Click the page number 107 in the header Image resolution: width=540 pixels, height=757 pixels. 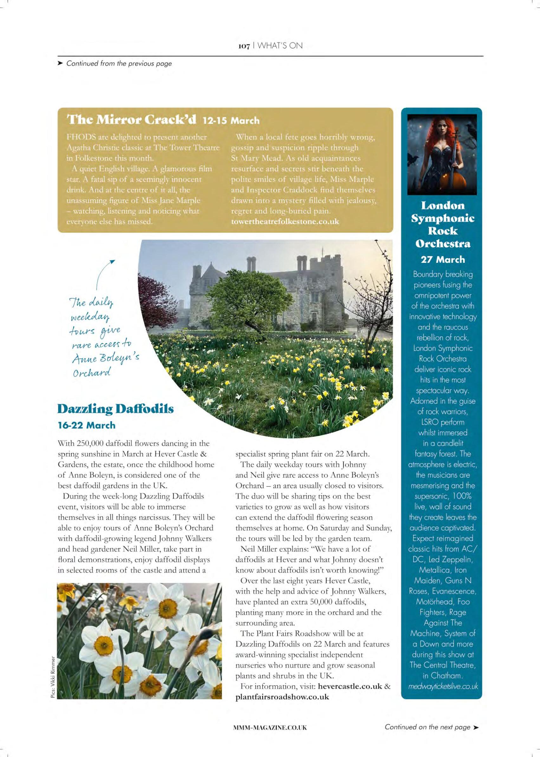pos(244,46)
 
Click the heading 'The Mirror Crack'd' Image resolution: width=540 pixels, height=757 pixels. pos(132,120)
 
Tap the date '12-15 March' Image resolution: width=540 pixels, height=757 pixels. pos(231,120)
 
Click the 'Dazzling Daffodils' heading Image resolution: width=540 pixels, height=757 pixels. pos(116,409)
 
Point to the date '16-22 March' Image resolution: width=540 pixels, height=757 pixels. pos(87,425)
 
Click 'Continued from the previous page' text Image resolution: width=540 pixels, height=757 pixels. pos(119,63)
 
